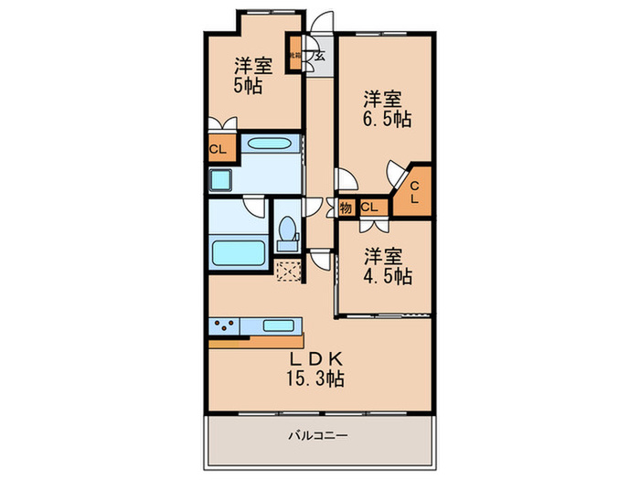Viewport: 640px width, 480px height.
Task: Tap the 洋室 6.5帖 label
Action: pyautogui.click(x=385, y=108)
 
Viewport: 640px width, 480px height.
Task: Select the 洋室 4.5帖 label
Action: pyautogui.click(x=385, y=263)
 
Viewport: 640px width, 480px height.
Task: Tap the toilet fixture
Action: pyautogui.click(x=285, y=234)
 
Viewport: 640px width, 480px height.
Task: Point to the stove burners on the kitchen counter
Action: pyautogui.click(x=225, y=324)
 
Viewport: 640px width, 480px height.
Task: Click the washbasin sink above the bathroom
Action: pyautogui.click(x=269, y=144)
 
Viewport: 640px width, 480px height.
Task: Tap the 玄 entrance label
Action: pyautogui.click(x=320, y=56)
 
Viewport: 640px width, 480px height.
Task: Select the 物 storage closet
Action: pyautogui.click(x=346, y=207)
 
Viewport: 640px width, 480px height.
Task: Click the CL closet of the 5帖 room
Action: pyautogui.click(x=218, y=149)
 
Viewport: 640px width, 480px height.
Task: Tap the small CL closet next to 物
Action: pyautogui.click(x=369, y=207)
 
